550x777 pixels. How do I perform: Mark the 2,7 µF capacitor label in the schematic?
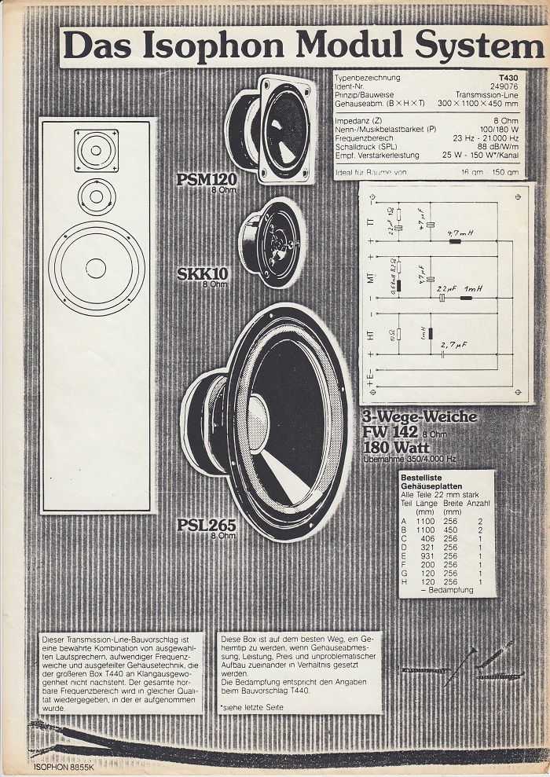pyautogui.click(x=455, y=344)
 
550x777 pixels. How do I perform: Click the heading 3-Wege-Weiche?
pyautogui.click(x=420, y=417)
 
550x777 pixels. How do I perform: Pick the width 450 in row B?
pyautogui.click(x=451, y=530)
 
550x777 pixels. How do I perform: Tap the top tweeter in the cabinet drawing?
pyautogui.click(x=97, y=150)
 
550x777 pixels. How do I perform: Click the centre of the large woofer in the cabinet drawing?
pyautogui.click(x=96, y=268)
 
